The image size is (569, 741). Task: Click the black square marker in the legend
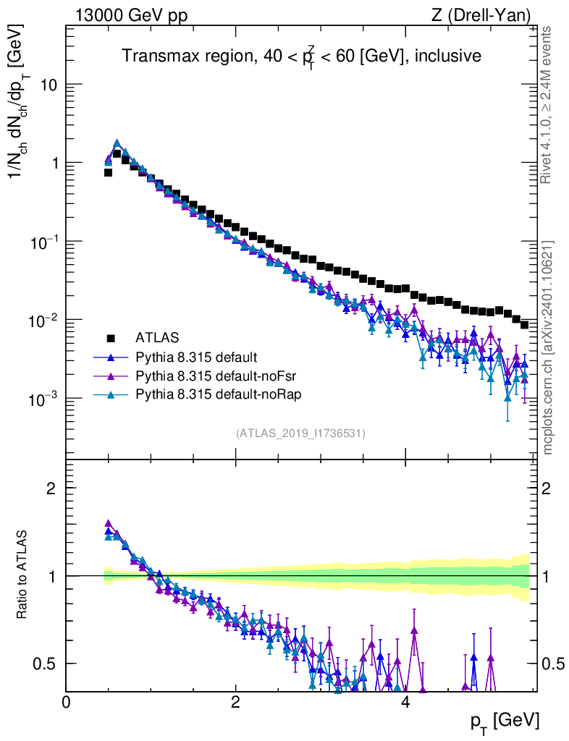click(111, 338)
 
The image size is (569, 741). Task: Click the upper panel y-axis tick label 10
click(49, 85)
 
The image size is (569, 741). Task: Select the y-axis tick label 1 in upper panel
click(54, 163)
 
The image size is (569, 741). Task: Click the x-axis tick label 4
click(405, 702)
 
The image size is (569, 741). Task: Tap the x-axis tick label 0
click(67, 702)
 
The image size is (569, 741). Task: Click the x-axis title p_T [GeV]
click(505, 721)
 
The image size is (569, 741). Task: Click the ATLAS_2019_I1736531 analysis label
click(300, 433)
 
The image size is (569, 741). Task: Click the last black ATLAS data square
click(524, 324)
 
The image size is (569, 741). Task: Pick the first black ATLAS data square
click(108, 172)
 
